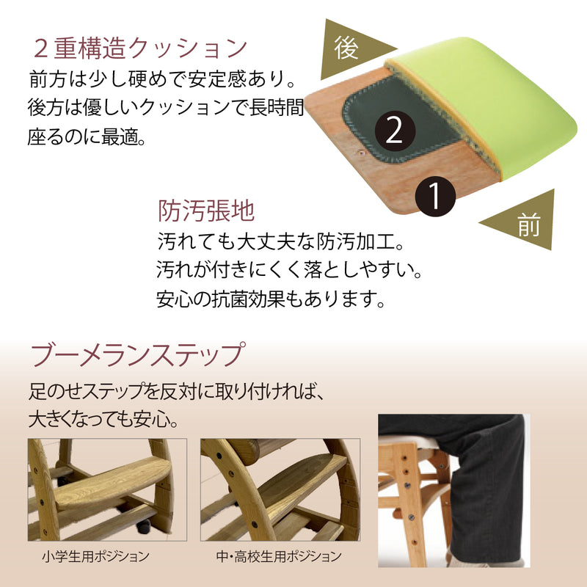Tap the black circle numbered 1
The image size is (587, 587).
[x=434, y=196]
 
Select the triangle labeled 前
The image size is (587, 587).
[x=522, y=222]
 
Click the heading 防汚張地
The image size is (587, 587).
[x=206, y=211]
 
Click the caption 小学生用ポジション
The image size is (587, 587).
[x=96, y=555]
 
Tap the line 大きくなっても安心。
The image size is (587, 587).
[x=103, y=421]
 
